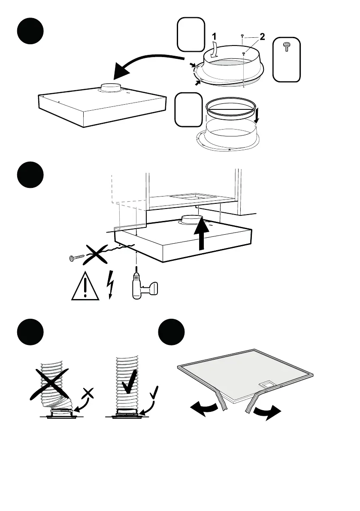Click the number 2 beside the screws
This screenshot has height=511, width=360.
click(x=262, y=37)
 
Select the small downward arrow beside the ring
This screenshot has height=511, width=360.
click(x=256, y=115)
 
